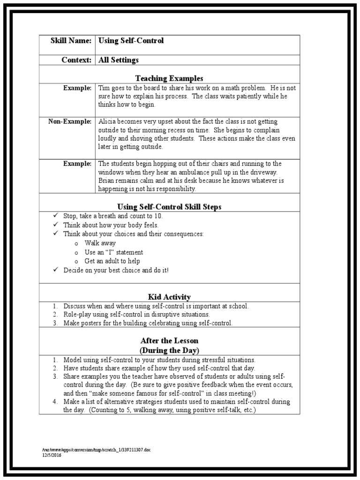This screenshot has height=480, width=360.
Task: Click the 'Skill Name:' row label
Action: [x=71, y=41]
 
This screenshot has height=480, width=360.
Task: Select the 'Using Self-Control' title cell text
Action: [x=131, y=41]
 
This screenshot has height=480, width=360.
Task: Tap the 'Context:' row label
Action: [x=76, y=60]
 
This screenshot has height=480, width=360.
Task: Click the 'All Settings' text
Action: [x=118, y=60]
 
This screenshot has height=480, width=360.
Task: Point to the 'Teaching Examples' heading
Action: [x=169, y=78]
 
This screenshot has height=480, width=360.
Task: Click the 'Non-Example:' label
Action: [x=70, y=121]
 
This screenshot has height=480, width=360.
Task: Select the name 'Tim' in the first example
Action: [x=103, y=88]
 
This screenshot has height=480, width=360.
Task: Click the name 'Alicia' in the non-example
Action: [x=107, y=121]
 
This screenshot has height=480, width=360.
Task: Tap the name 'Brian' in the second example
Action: [x=107, y=180]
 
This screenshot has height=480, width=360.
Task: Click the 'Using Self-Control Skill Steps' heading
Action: [x=169, y=207]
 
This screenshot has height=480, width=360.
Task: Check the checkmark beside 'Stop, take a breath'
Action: [x=55, y=216]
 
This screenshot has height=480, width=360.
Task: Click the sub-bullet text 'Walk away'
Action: [x=100, y=243]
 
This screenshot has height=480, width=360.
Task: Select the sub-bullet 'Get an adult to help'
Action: [x=112, y=261]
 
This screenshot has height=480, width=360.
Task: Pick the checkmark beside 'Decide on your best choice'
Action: [x=55, y=270]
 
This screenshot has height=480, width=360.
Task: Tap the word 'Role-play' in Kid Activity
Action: [x=77, y=315]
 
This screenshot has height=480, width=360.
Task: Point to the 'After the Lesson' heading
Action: [x=169, y=341]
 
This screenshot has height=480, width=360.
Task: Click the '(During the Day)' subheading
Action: [x=169, y=350]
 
